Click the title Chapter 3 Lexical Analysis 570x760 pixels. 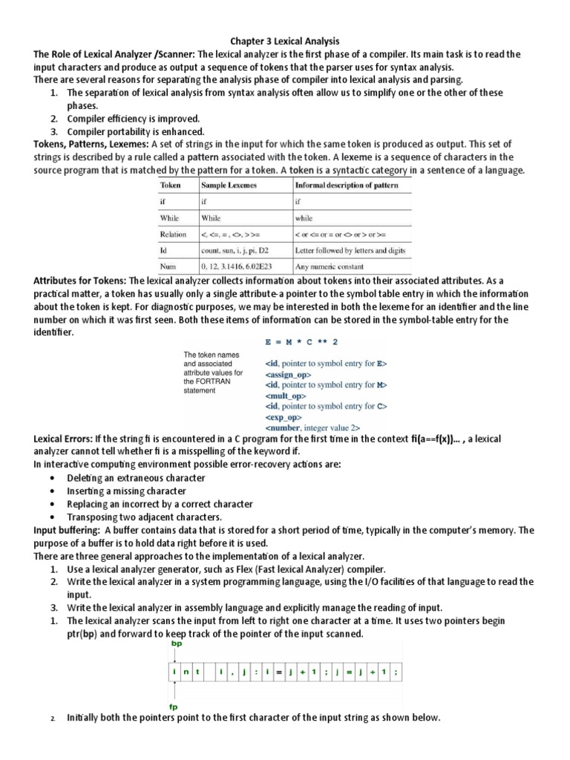tap(285, 42)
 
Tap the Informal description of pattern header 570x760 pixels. tap(344, 185)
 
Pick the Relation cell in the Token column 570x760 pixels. tap(173, 234)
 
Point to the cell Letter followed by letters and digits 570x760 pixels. tap(348, 250)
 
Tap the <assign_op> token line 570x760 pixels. tap(290, 375)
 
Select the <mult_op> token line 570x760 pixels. tap(285, 396)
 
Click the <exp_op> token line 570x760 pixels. tap(284, 418)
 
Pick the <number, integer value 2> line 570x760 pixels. tap(312, 428)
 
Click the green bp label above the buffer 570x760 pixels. tap(176, 645)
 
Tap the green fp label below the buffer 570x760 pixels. tap(175, 707)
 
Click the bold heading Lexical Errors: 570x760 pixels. tap(70, 439)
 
